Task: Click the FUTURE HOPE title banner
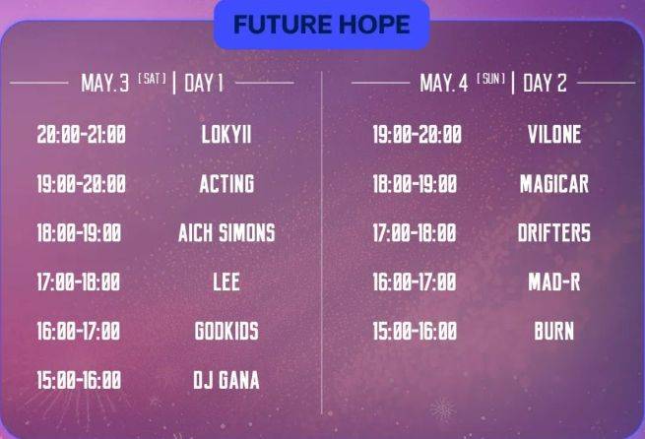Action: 322,25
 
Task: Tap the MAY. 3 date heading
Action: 105,83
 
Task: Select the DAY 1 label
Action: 204,83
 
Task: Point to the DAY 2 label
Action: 545,83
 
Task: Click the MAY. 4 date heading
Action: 444,83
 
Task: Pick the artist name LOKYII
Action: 226,135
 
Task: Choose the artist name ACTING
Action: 226,183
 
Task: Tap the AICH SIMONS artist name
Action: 226,232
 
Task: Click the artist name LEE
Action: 226,282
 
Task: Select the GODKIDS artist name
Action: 226,331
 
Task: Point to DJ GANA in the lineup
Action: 226,380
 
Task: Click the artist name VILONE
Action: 554,135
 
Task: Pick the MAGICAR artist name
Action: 554,183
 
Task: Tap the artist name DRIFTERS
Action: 554,232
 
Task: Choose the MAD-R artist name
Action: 554,282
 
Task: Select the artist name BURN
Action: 554,331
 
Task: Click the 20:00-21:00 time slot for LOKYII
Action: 82,135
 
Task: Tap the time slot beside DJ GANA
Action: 79,380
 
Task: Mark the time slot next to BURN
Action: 415,331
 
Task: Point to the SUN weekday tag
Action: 490,79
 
